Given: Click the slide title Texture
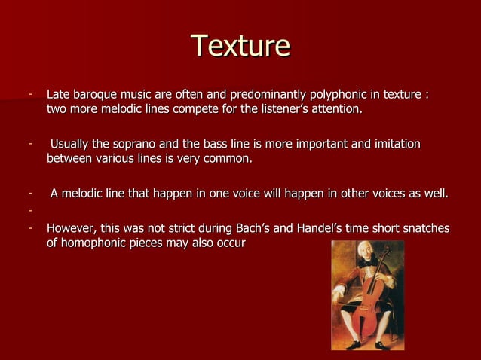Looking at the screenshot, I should coord(240,46).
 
